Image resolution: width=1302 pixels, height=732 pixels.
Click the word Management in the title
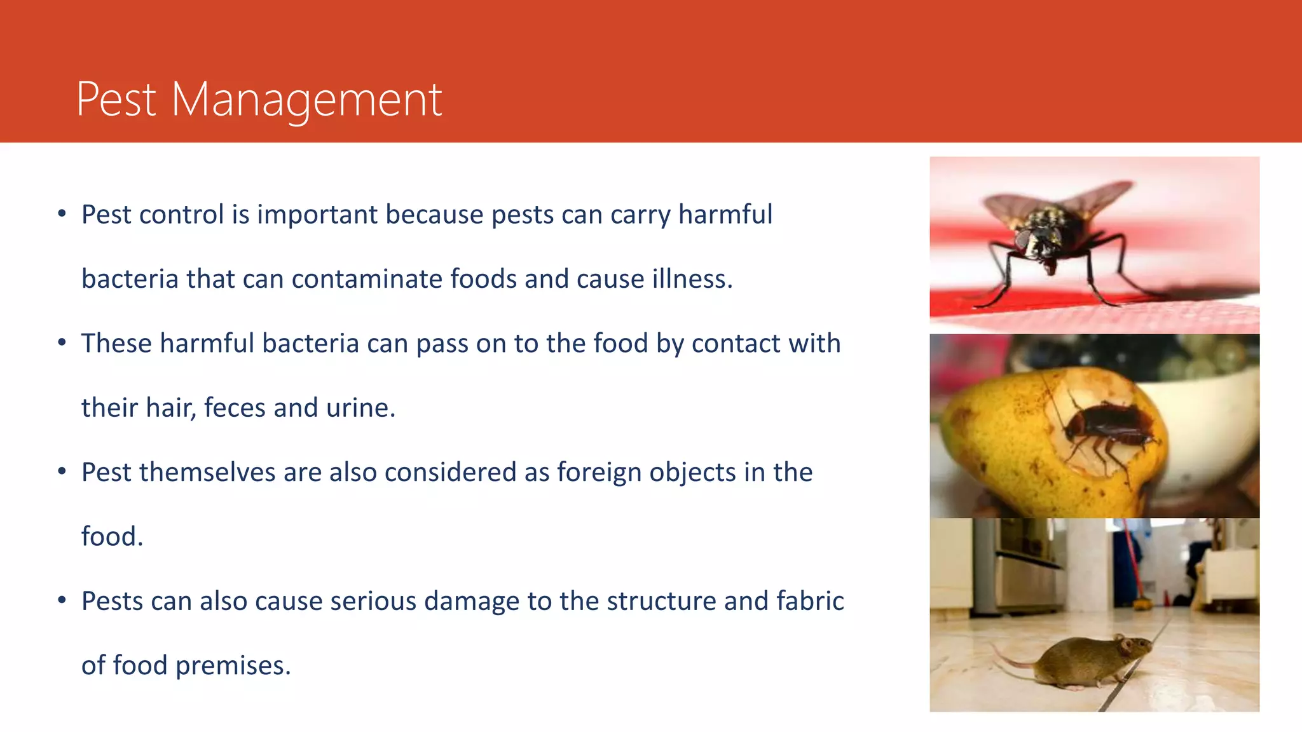pos(306,100)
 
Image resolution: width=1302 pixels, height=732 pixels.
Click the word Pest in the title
pos(116,100)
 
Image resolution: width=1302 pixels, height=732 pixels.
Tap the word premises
pos(233,666)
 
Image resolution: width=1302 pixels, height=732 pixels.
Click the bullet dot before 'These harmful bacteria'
pos(62,343)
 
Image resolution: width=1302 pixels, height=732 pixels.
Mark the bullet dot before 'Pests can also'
pos(62,600)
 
